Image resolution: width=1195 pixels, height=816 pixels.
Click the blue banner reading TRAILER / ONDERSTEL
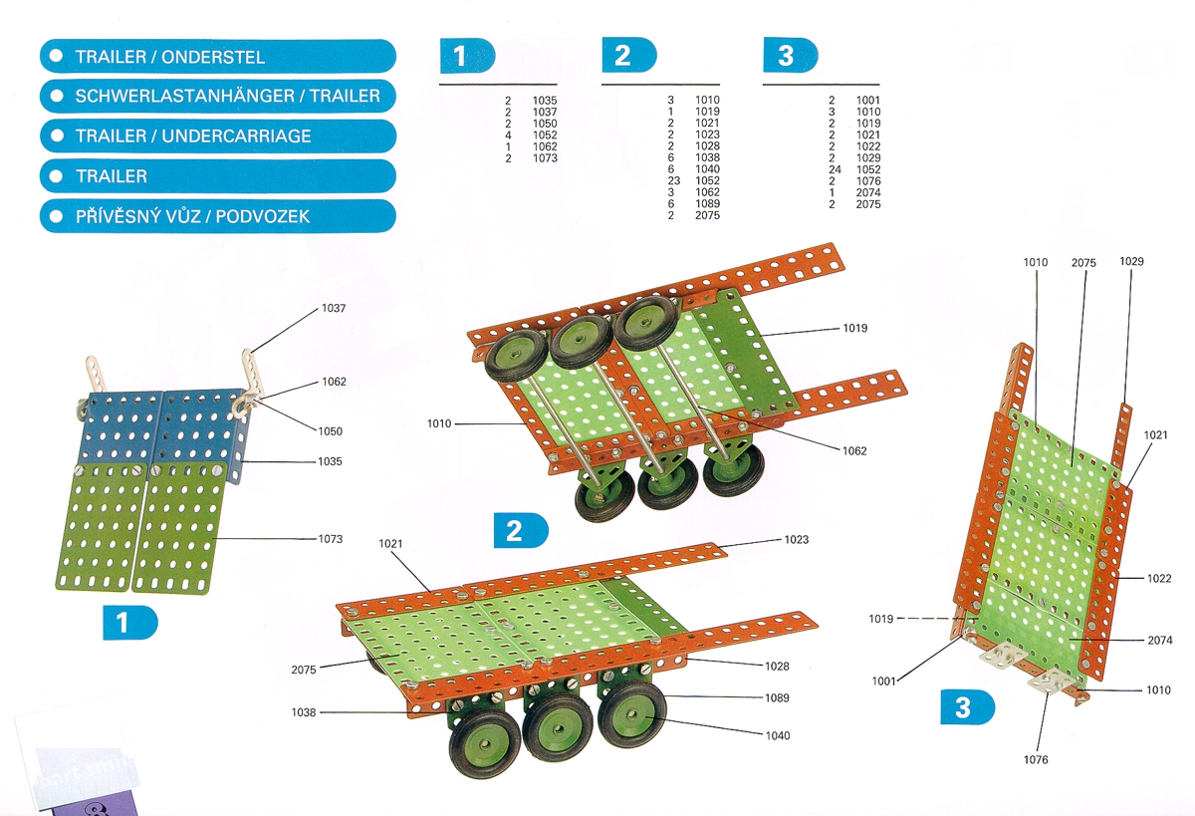coord(217,57)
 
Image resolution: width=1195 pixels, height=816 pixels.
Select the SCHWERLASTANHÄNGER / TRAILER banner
coord(217,97)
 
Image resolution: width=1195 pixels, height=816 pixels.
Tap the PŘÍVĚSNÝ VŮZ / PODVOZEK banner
coord(217,216)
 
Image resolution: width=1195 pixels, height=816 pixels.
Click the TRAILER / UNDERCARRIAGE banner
coord(217,136)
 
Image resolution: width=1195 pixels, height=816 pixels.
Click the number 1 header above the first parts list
coord(467,56)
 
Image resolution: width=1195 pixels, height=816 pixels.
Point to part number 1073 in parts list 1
coord(545,158)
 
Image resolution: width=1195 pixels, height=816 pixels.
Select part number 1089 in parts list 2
coord(707,204)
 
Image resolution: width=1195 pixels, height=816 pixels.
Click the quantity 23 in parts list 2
coord(674,181)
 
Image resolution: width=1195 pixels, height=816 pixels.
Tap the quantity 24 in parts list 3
coord(835,169)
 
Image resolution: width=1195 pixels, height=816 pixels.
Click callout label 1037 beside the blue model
coord(334,309)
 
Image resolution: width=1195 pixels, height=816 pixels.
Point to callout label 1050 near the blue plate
coord(331,431)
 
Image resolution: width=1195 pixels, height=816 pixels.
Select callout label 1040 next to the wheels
coord(778,735)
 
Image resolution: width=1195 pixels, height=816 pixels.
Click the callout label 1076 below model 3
coord(1036,760)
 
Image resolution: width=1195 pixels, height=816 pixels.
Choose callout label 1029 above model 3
coord(1131,262)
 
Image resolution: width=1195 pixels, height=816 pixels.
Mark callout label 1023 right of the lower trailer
coord(796,540)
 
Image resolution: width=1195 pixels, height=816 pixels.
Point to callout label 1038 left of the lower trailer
coord(304,711)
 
